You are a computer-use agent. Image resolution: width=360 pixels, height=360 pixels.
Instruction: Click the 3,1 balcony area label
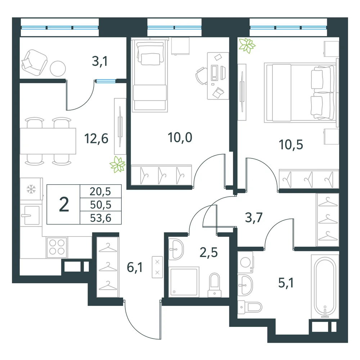(x=100, y=61)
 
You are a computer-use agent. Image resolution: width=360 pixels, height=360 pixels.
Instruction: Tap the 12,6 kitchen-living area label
(x=96, y=139)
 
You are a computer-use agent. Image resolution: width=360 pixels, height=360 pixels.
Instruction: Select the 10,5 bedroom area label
(x=291, y=145)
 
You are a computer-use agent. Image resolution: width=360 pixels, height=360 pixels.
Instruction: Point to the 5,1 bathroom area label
(x=286, y=283)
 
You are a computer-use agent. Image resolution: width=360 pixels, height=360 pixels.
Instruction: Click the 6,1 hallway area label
(x=135, y=267)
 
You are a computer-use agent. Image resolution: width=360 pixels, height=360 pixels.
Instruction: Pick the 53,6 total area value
(x=100, y=218)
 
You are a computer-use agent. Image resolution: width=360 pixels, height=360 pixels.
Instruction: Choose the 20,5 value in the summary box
(x=100, y=191)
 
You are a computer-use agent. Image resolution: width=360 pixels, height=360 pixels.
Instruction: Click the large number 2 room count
(x=64, y=204)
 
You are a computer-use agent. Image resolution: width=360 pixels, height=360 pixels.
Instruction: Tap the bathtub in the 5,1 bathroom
(x=325, y=287)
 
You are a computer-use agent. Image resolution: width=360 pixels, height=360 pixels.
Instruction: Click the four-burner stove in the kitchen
(x=57, y=247)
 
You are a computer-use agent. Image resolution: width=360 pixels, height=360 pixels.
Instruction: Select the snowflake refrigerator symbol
(x=31, y=189)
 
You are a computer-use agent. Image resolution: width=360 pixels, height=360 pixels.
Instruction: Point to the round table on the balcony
(x=58, y=68)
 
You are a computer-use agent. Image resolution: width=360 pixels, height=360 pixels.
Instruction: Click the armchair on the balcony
(x=35, y=62)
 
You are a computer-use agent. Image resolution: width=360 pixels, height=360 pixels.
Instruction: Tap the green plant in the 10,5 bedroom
(x=247, y=45)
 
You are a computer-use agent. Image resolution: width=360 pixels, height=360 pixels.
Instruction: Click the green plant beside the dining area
(x=118, y=165)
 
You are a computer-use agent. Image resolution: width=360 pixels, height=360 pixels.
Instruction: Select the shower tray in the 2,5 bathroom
(x=184, y=282)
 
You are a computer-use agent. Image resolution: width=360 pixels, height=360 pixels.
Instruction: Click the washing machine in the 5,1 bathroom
(x=245, y=262)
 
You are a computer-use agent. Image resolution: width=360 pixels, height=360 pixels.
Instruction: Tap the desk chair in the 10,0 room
(x=201, y=76)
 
